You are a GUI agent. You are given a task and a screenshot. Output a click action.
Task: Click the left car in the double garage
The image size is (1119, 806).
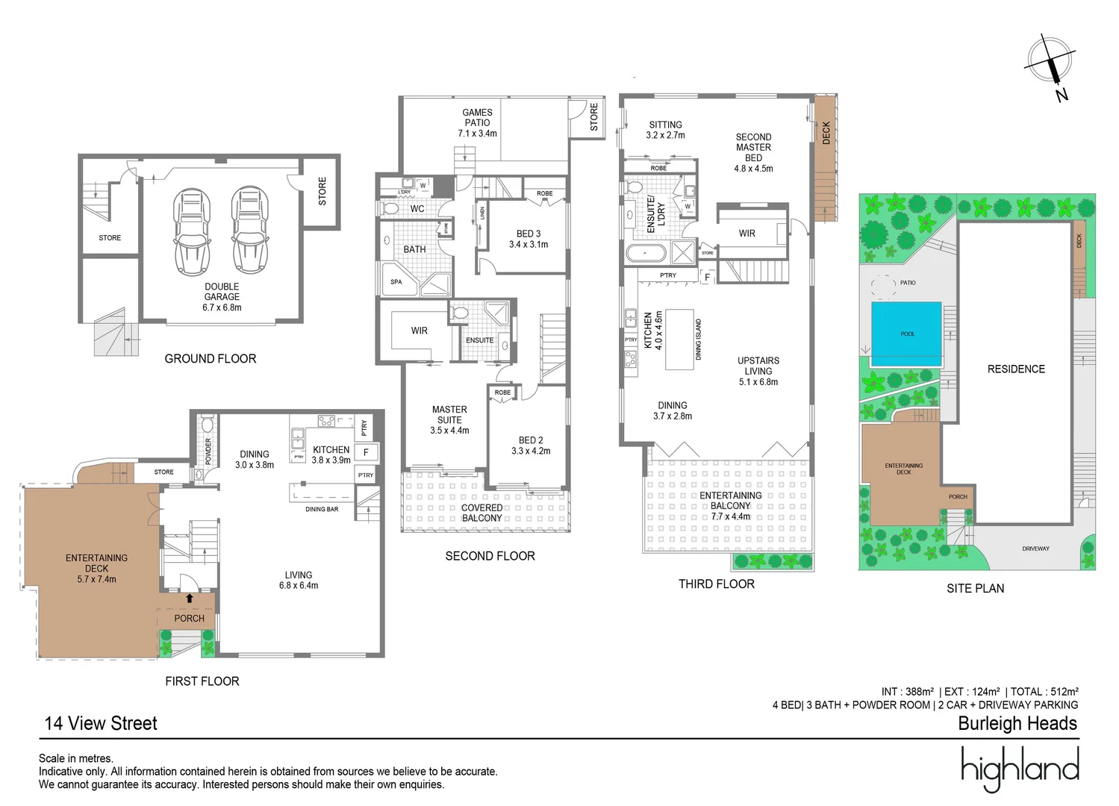[x=192, y=232]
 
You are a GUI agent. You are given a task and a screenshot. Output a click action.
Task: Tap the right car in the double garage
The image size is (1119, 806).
[x=250, y=232]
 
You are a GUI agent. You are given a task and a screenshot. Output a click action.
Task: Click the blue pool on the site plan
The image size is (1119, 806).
[x=906, y=334]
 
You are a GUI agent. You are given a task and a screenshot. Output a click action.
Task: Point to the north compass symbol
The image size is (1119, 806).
[x=1050, y=63]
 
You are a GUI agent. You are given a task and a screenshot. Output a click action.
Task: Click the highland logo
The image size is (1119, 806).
[x=1020, y=769]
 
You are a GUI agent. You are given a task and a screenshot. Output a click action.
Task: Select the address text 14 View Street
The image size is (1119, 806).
[x=101, y=723]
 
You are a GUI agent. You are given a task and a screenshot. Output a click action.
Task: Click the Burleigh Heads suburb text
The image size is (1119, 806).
[x=1017, y=723]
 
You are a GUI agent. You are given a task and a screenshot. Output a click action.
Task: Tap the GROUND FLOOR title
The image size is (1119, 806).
[x=210, y=359]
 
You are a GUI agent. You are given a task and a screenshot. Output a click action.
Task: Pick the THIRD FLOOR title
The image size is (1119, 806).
[x=716, y=584]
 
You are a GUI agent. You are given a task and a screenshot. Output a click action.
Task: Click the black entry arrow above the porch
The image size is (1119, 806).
[x=189, y=598]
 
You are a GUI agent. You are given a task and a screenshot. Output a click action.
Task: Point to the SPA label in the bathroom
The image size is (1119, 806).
[x=396, y=282]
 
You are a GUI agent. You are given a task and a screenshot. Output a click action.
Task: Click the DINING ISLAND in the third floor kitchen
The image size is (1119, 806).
[x=679, y=340]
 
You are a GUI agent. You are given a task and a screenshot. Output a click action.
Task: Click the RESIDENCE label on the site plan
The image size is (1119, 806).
[x=1016, y=369]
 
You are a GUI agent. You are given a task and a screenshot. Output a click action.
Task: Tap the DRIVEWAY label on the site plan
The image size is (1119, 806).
[x=1035, y=549]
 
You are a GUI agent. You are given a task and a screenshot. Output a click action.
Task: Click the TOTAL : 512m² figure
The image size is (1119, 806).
[x=1044, y=692]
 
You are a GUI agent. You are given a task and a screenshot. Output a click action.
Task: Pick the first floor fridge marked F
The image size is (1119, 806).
[x=366, y=452]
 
